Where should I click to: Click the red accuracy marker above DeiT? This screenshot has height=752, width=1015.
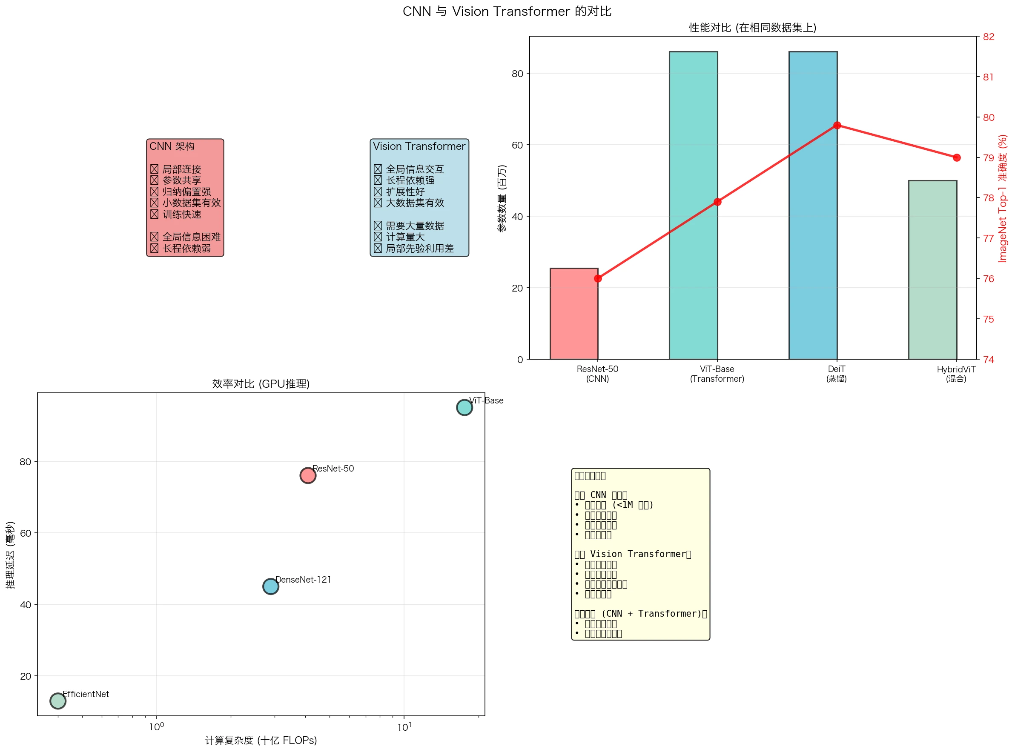(x=837, y=125)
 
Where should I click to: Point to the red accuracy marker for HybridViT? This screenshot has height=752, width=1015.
(x=956, y=157)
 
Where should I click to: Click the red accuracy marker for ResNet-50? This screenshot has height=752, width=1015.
(x=598, y=279)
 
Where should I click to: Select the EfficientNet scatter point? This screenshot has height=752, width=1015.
(x=58, y=701)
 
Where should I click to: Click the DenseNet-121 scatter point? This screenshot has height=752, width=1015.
(x=270, y=586)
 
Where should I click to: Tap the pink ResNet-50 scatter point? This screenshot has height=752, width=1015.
(x=308, y=475)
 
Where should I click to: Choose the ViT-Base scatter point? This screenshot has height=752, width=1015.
(x=464, y=407)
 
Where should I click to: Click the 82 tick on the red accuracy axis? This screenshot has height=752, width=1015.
(x=989, y=37)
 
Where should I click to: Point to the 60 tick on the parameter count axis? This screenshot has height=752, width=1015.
(x=517, y=145)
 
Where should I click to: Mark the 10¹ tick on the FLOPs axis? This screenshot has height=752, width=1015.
(x=404, y=727)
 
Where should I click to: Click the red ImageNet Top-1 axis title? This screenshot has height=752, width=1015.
(x=1002, y=198)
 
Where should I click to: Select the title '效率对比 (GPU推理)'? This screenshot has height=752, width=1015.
(x=261, y=384)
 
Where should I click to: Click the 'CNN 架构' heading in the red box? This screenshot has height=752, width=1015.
(x=172, y=146)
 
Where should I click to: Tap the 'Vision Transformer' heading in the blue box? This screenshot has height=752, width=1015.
(x=419, y=146)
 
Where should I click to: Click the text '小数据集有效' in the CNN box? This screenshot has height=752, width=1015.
(x=191, y=203)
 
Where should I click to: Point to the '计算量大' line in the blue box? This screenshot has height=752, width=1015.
(x=405, y=237)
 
